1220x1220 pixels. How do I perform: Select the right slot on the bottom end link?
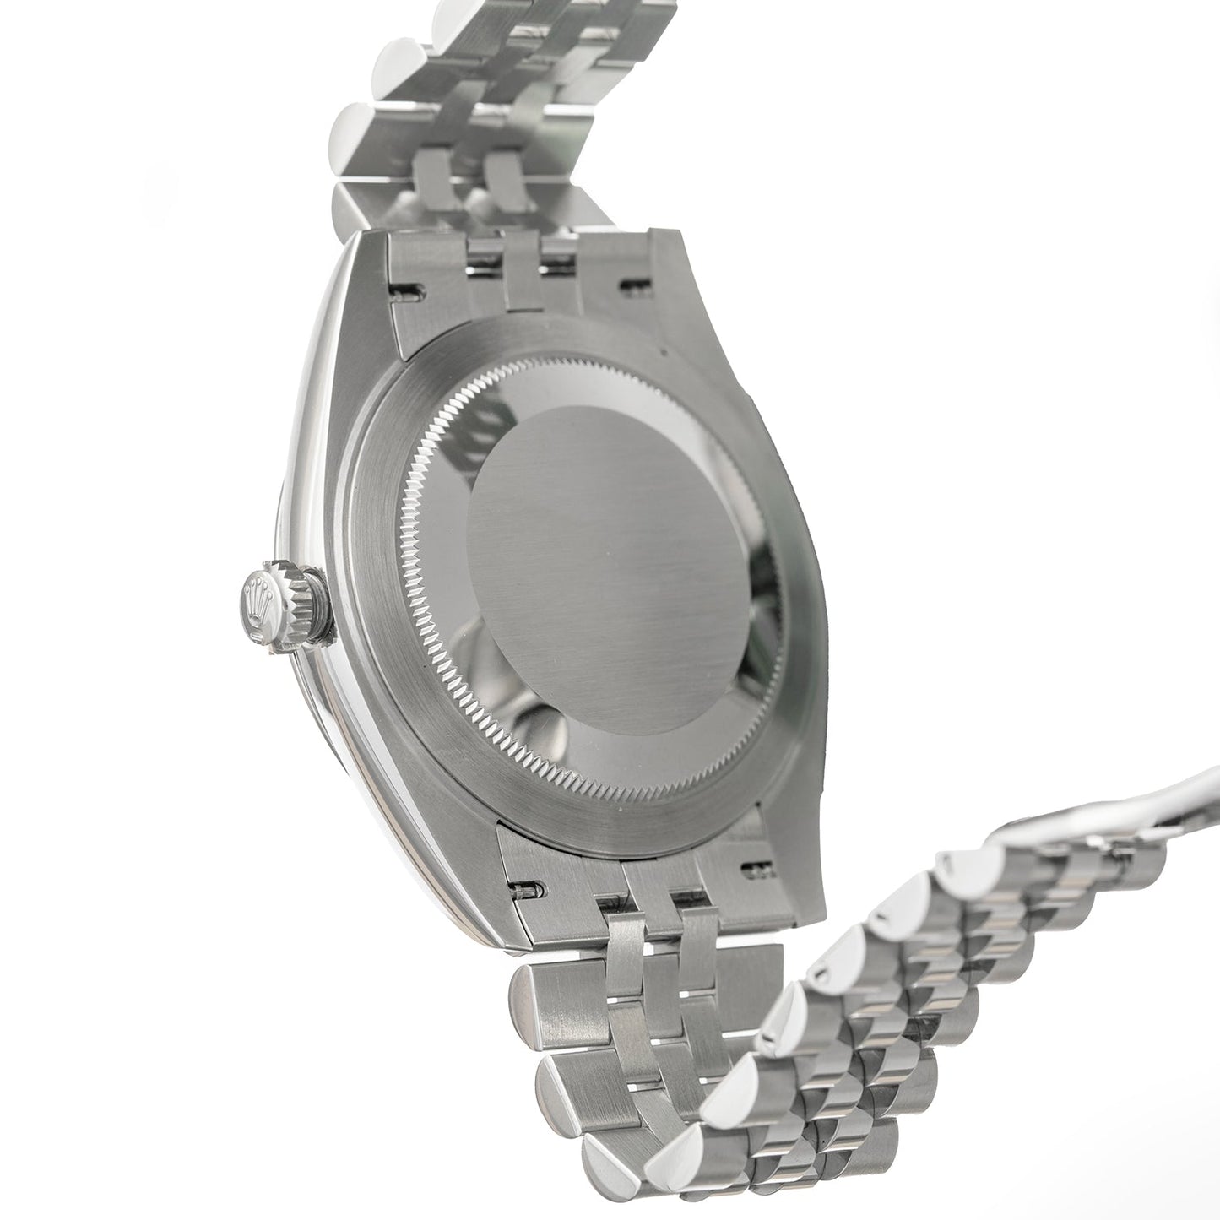coord(751,868)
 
